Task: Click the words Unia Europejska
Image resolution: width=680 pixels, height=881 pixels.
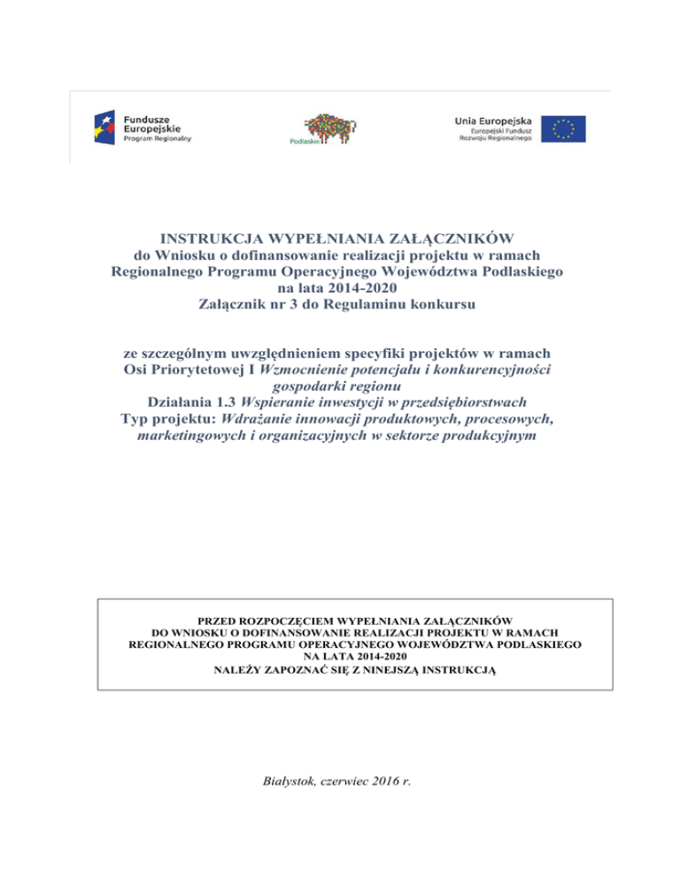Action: click(492, 119)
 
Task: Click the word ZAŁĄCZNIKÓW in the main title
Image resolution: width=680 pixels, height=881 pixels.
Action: click(458, 238)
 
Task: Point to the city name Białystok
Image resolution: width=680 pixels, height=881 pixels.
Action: click(296, 780)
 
